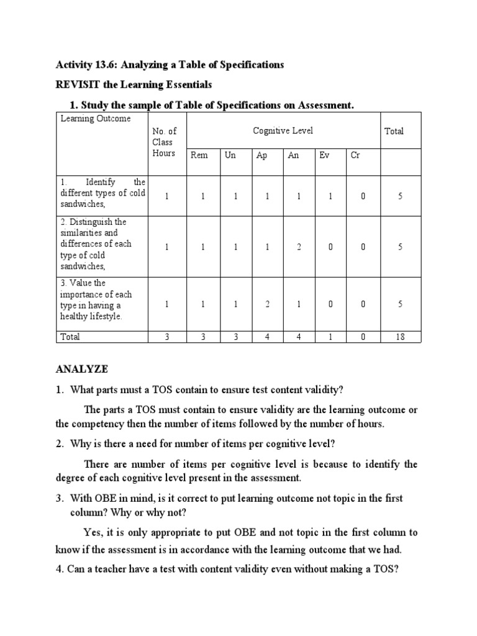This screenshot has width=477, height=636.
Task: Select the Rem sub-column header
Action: (x=199, y=155)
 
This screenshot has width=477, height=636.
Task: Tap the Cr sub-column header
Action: (x=355, y=155)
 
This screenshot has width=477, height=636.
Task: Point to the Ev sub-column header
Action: (x=324, y=155)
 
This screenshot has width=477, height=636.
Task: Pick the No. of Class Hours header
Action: (x=165, y=142)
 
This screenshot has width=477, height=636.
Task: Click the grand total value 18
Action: (x=400, y=337)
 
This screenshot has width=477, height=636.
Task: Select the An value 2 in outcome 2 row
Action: (x=299, y=247)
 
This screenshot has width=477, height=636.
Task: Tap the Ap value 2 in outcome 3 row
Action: (x=267, y=304)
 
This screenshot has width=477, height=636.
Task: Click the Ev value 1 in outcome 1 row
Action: (x=330, y=196)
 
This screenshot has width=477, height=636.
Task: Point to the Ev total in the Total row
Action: (x=330, y=337)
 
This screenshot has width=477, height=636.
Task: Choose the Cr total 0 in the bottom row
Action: (x=363, y=337)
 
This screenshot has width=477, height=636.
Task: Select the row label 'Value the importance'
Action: (x=96, y=300)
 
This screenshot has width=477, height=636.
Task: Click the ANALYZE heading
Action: (x=82, y=369)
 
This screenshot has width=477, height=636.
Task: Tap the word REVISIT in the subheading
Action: (x=78, y=84)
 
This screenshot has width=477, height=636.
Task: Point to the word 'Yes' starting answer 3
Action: (x=92, y=532)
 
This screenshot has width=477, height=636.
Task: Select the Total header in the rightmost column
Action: (x=394, y=131)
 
